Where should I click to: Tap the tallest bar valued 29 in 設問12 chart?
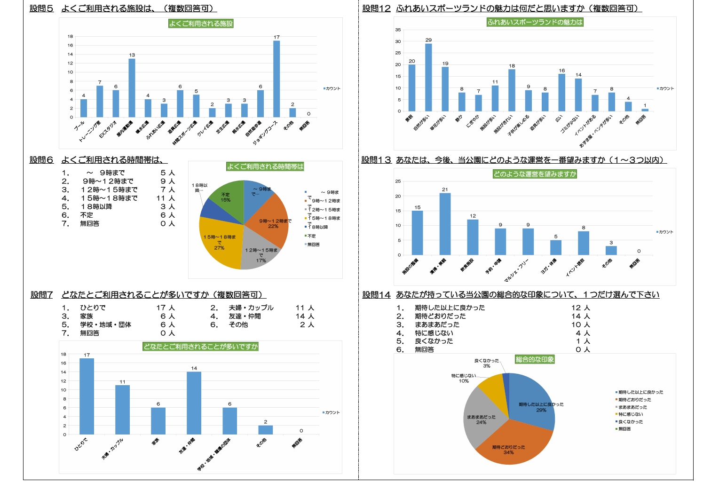coord(428,78)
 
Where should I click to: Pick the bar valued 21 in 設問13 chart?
coord(445,224)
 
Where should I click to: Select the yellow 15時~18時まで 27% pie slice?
coord(219,247)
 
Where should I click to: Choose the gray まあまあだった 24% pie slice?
coord(480,419)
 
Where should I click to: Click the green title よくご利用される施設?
coord(201,24)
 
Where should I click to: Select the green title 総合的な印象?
coord(535,360)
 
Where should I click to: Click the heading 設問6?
coord(41,160)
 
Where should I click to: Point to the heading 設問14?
coord(376,295)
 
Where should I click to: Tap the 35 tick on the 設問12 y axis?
coord(398,30)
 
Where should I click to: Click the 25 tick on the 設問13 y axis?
coord(398,181)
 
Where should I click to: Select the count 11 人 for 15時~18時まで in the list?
coord(166,198)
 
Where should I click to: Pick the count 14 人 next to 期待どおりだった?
coord(581,316)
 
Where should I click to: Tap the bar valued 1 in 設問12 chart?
coord(645,110)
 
